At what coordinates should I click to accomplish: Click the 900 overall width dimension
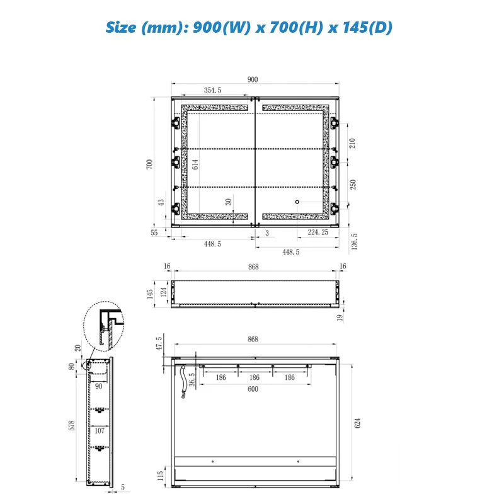point(253,79)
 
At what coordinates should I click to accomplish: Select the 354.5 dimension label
point(212,90)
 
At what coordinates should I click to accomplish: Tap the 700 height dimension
point(149,164)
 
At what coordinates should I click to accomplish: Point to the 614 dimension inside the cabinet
point(195,164)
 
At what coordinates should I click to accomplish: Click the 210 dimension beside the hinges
point(352,143)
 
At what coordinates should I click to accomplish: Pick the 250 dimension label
point(353,185)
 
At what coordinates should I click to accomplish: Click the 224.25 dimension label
point(318,232)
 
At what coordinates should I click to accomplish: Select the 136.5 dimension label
point(354,242)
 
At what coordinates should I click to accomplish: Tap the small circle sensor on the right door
point(297,202)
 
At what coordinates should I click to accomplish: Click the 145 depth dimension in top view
point(150,294)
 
